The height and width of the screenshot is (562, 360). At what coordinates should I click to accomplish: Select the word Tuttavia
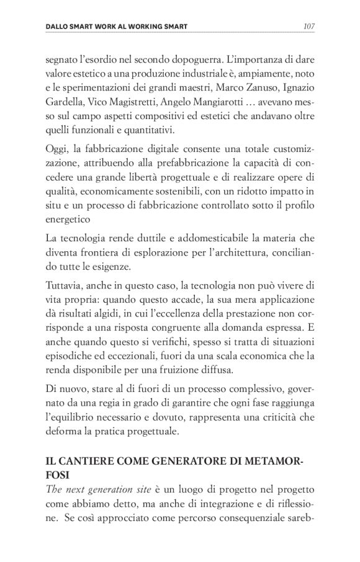[66, 285]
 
